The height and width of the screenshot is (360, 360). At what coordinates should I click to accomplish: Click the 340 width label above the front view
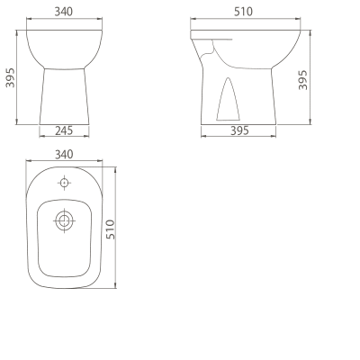tap(64, 12)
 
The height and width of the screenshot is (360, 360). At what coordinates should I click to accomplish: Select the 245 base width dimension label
tap(64, 130)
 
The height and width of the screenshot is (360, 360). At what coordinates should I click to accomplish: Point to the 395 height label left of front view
tap(10, 77)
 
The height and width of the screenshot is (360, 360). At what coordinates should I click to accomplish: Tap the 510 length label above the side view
tap(243, 12)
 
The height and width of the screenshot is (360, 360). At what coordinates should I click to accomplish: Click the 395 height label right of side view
tap(303, 80)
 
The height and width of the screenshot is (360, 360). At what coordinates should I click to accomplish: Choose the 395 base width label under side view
tap(239, 130)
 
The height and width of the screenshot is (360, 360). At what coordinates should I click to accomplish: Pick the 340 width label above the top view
tap(64, 155)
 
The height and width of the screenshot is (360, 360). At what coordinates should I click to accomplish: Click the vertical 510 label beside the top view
tap(111, 229)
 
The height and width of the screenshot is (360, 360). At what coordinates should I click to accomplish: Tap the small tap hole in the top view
tap(64, 183)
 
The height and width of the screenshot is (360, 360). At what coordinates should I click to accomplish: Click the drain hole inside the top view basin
tap(64, 221)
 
